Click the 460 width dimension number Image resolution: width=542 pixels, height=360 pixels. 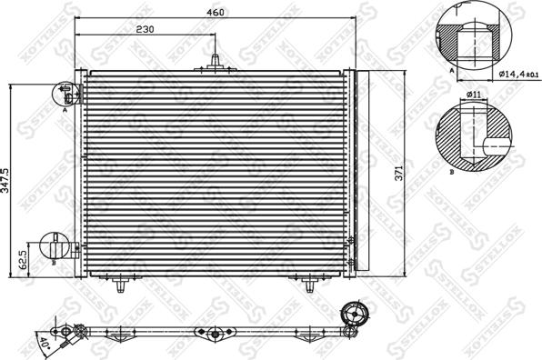coord(215,13)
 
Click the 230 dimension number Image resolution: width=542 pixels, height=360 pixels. coord(144,29)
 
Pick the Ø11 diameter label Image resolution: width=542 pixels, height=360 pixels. coord(473,95)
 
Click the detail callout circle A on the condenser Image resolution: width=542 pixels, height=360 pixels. coord(66,92)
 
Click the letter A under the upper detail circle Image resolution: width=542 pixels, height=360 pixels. coord(452,68)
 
